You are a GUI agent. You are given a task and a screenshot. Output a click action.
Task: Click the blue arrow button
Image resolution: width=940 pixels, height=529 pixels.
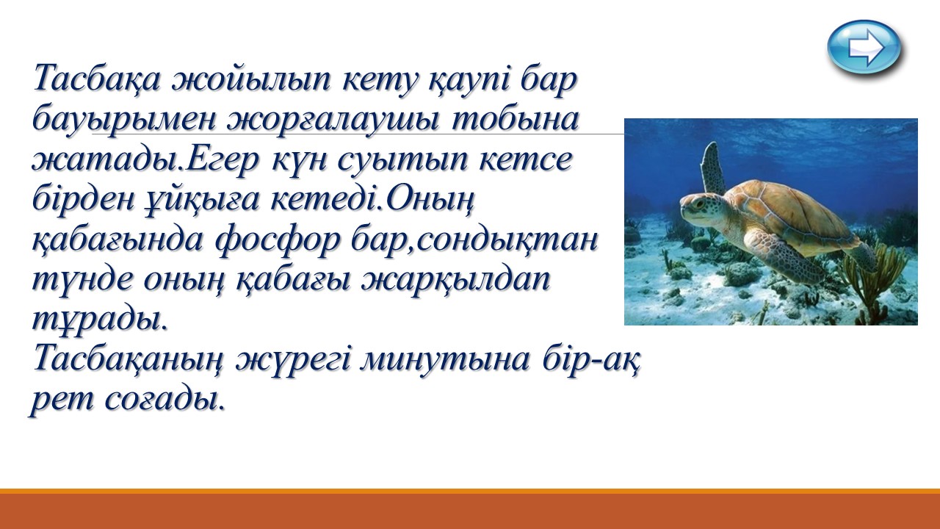[864, 47]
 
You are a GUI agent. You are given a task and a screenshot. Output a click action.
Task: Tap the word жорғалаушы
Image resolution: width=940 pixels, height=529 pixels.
[334, 120]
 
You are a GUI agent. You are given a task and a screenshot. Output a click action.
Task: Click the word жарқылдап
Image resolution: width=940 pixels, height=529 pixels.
[455, 281]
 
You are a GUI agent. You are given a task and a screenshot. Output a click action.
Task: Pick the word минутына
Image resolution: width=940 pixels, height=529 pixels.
[444, 360]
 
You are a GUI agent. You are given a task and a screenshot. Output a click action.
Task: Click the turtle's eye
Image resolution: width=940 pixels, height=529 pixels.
[698, 205]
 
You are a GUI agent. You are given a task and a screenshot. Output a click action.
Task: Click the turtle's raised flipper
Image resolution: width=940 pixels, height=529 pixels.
[714, 168]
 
